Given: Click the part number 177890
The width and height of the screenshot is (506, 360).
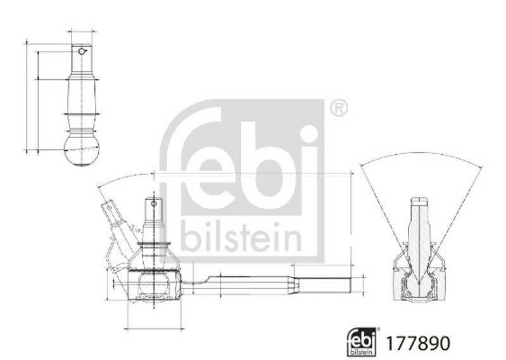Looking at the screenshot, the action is pos(418,344).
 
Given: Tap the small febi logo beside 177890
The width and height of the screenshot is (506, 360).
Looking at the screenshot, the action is pos(362,342).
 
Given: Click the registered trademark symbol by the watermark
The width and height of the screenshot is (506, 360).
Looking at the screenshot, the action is pos(339,108).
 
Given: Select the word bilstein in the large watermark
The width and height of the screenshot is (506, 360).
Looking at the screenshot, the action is pos(241,236).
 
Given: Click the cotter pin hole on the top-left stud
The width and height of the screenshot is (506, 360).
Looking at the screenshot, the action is pos(81,51).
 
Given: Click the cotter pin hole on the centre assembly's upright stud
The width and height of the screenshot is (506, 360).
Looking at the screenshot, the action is pos(154,203).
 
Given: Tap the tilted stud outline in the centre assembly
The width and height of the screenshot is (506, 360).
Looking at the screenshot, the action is pos(118,226).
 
